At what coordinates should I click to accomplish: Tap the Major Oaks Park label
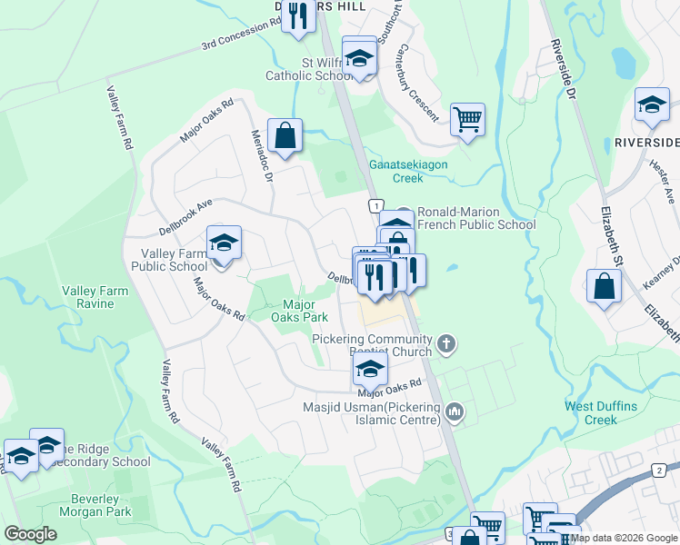(300, 311)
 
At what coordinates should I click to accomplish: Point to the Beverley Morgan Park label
(95, 503)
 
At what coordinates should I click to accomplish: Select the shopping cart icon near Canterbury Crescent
(467, 119)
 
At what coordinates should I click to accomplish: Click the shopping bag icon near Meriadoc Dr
(285, 135)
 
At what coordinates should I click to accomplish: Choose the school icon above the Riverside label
(652, 104)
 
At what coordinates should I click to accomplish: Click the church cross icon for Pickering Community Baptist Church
(445, 343)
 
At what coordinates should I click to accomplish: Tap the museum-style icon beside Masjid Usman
(455, 413)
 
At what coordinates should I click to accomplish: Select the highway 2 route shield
(658, 470)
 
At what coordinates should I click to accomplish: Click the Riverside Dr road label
(563, 69)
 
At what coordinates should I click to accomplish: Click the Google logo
(30, 534)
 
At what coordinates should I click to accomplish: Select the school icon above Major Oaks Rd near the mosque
(370, 369)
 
